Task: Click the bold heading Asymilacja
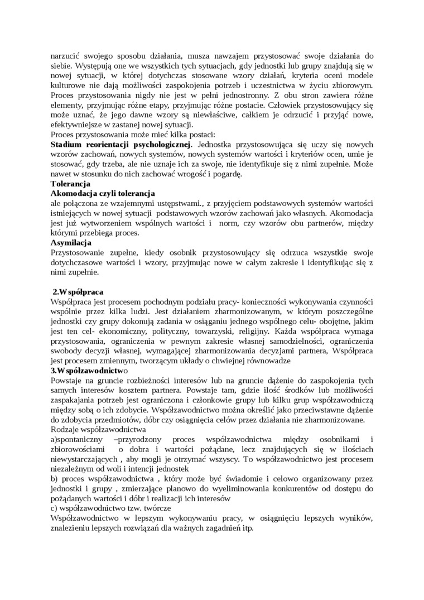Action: pyautogui.click(x=71, y=243)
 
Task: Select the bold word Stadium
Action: pyautogui.click(x=68, y=144)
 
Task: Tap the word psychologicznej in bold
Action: pyautogui.click(x=158, y=144)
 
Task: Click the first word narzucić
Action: pyautogui.click(x=66, y=56)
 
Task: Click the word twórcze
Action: pyautogui.click(x=157, y=509)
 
